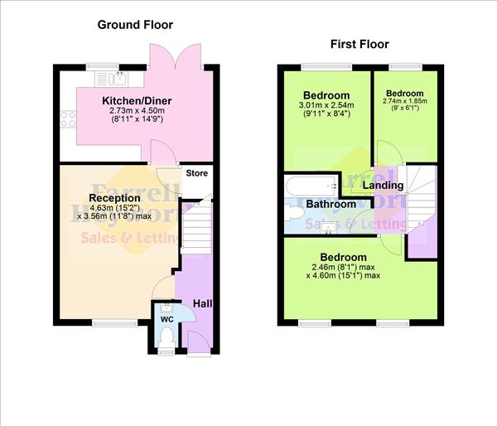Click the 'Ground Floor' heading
tap(135, 24)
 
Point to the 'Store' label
tap(196, 174)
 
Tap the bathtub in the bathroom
tap(309, 186)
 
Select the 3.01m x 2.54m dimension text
tap(326, 105)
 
